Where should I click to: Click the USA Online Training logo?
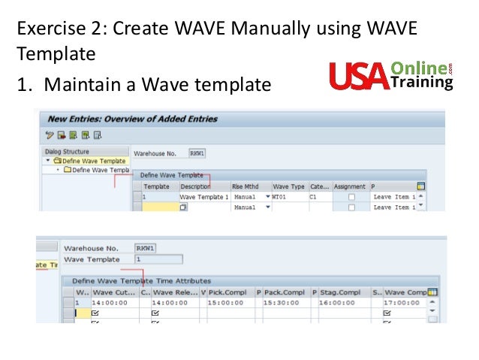pos(390,75)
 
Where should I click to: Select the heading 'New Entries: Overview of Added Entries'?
pos(132,119)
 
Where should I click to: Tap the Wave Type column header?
pos(289,186)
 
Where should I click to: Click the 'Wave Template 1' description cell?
pos(203,196)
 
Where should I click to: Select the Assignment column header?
pos(350,186)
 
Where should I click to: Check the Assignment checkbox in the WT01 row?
pos(351,196)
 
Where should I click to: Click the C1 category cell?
pos(315,196)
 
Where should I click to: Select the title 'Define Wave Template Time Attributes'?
pos(141,280)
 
